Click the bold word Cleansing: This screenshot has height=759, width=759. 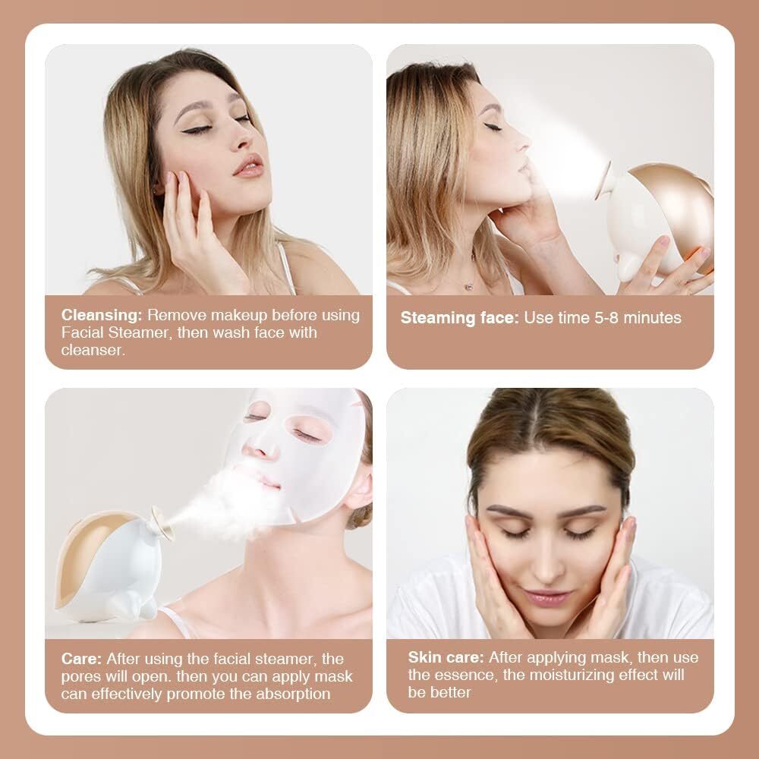coord(102,314)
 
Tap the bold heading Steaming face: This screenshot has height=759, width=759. coord(460,317)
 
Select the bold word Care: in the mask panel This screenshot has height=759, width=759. coord(83,659)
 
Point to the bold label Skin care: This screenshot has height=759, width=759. coord(446,657)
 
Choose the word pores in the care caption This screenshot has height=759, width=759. coord(82,676)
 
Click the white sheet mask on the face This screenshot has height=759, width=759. coord(304,448)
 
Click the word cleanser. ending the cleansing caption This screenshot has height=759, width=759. coord(92,350)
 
